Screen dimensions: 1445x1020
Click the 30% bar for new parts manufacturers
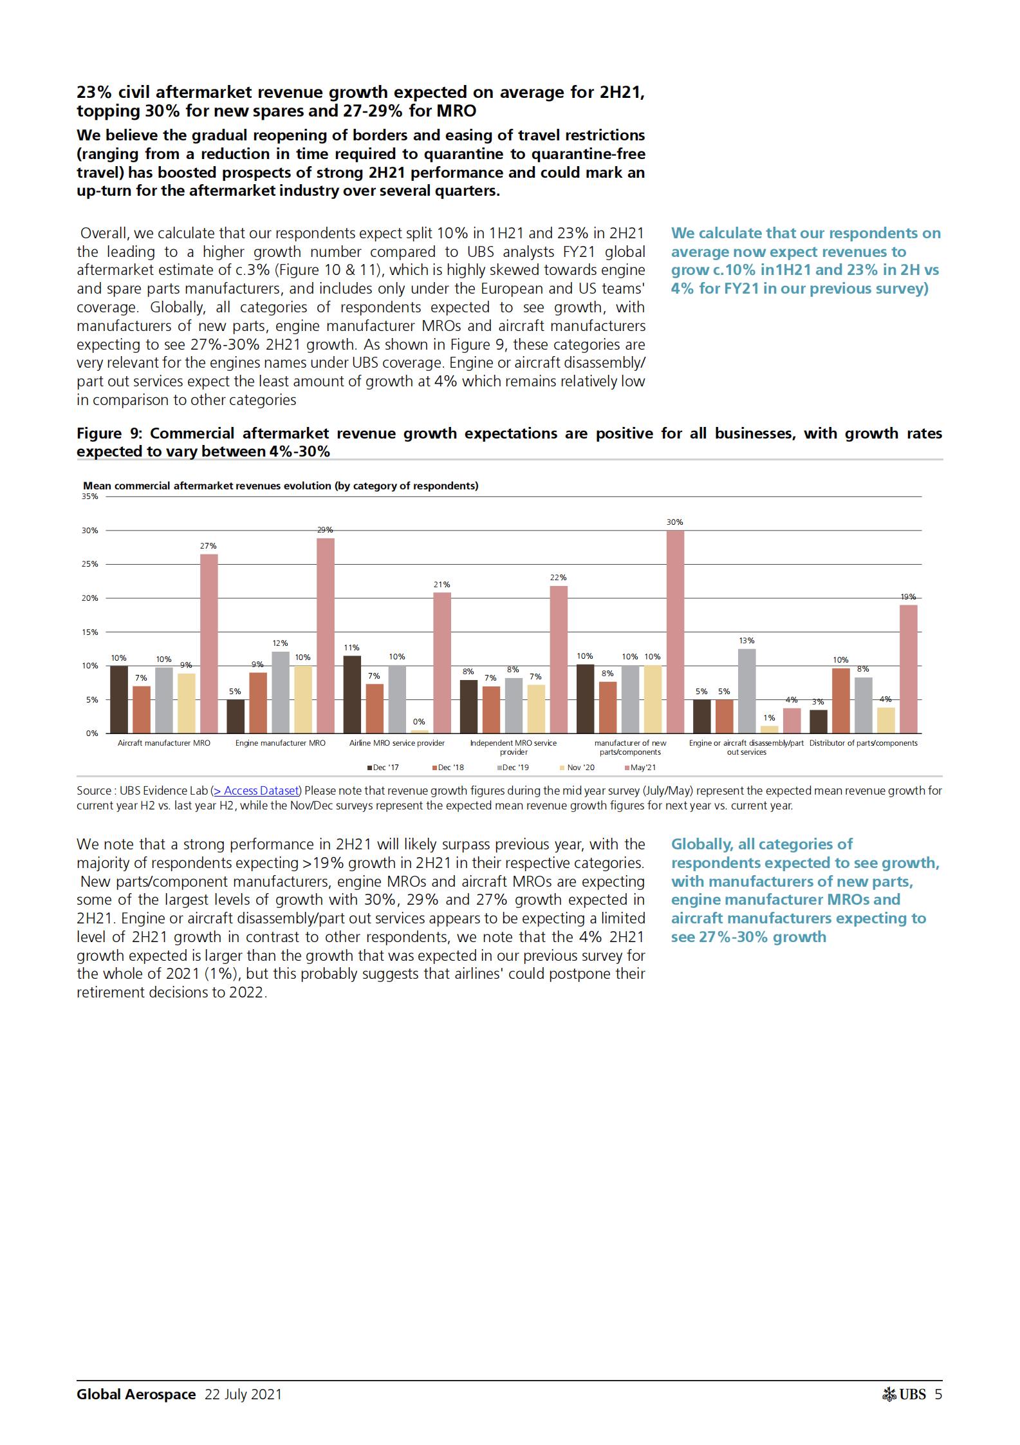675,631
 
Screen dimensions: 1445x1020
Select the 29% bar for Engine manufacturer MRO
325,635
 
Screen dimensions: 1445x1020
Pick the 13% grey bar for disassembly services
746,690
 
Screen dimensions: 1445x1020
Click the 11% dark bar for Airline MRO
352,694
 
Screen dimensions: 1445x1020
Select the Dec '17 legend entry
384,768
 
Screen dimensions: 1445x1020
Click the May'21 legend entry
641,768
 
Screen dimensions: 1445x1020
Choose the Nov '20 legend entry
578,768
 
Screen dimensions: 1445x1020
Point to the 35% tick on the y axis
90,496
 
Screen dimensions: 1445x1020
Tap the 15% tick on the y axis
90,632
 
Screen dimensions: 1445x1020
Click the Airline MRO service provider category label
397,743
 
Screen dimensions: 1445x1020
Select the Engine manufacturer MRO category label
281,743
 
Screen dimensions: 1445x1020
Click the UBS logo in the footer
904,1394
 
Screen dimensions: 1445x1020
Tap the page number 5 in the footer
938,1394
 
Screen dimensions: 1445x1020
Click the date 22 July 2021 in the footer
243,1394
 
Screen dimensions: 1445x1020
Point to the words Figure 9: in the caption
109,433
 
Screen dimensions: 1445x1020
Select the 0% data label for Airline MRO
419,722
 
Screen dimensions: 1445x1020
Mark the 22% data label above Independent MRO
558,578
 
